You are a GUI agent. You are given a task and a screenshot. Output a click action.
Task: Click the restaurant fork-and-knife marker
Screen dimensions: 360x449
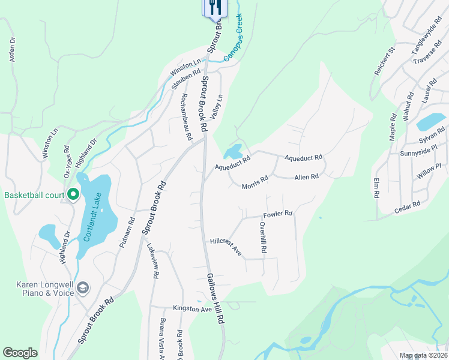pos(215,8)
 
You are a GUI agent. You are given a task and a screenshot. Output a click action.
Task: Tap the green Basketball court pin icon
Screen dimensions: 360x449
pos(73,194)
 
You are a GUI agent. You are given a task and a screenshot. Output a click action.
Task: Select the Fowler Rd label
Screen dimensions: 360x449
pos(278,214)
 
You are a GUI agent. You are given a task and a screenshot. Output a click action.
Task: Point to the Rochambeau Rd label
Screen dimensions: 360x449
pos(185,116)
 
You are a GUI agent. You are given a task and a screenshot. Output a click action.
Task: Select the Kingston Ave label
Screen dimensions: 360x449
pos(193,308)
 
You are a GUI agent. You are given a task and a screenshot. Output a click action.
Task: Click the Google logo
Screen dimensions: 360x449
pos(20,353)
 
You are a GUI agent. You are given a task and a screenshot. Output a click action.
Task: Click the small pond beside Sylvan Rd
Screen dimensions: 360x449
pos(430,121)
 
